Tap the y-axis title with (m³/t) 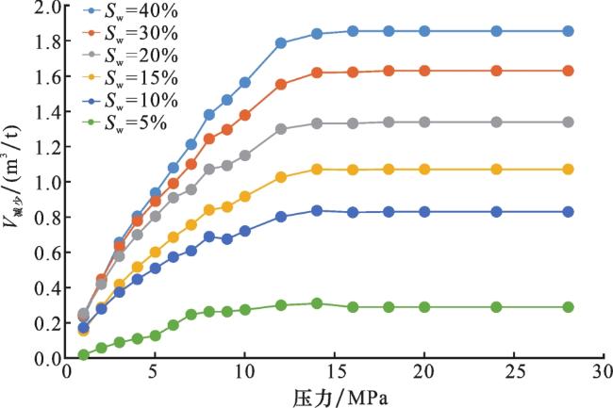point(13,182)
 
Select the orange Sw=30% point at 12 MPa point(281,85)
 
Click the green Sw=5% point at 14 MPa point(317,303)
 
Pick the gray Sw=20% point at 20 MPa point(424,122)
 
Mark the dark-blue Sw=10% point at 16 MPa point(353,213)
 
